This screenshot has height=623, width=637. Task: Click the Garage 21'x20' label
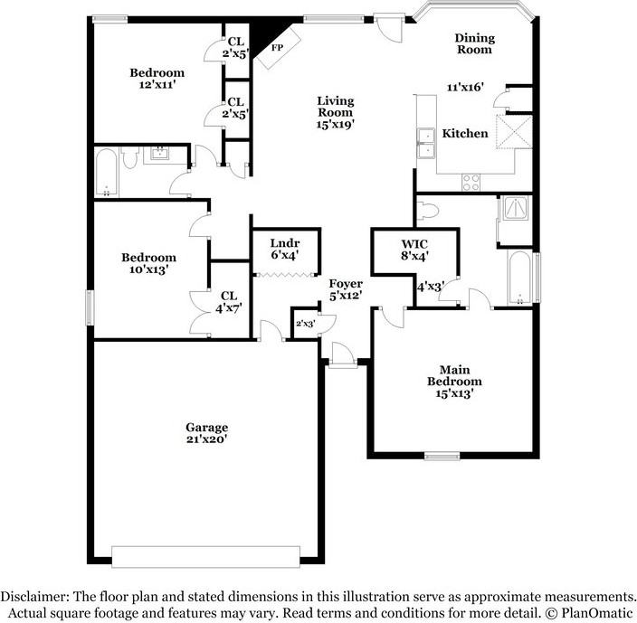[207, 433]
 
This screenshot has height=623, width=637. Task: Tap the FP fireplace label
[278, 47]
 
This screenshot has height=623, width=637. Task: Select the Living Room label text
[335, 112]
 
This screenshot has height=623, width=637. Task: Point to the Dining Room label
[474, 44]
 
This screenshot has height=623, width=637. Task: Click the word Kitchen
[465, 134]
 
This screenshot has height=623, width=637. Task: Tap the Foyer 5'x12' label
[346, 289]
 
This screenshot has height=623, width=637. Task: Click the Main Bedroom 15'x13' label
[454, 381]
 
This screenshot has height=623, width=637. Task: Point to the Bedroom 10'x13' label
[148, 263]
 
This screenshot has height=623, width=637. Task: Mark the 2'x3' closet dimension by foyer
[304, 323]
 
